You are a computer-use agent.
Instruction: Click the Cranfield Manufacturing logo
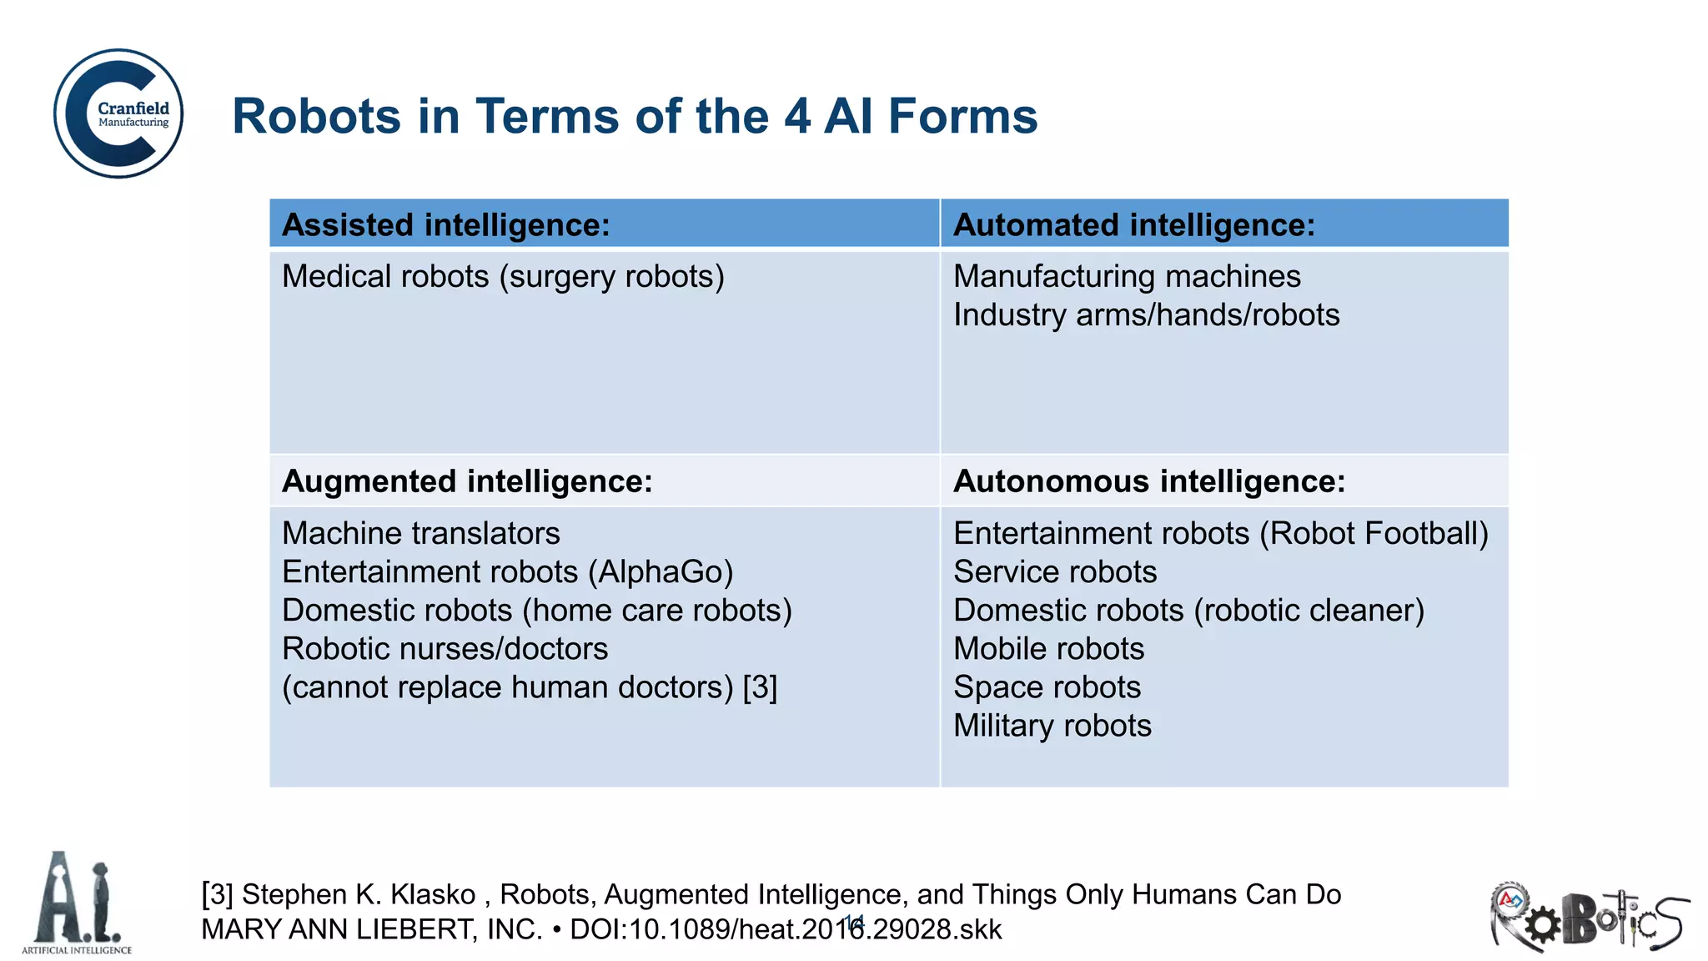pos(118,113)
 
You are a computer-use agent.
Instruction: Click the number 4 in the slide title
pos(796,116)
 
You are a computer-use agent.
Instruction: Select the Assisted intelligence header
pos(445,225)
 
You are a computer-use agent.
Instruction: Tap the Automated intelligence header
pos(1133,225)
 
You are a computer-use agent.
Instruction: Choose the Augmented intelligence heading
pos(467,481)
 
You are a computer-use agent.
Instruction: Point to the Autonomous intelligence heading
pos(1148,481)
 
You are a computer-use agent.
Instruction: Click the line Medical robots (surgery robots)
pos(503,276)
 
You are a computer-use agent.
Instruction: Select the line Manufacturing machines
pos(1126,276)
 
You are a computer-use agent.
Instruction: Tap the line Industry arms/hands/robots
pos(1146,314)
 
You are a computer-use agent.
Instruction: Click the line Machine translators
pos(420,533)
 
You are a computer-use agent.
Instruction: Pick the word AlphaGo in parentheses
pos(661,572)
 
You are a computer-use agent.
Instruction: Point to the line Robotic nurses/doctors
pos(445,649)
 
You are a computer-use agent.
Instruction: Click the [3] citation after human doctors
pos(760,687)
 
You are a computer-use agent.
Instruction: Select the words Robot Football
pos(1373,534)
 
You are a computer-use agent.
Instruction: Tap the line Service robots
pos(1055,572)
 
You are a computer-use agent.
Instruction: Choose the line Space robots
pos(1047,687)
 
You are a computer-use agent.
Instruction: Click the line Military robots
pos(1052,726)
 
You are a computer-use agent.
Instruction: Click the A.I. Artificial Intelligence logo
pos(77,903)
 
